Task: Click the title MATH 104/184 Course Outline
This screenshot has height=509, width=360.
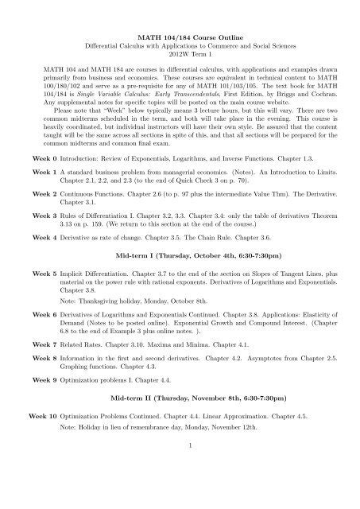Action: click(180, 38)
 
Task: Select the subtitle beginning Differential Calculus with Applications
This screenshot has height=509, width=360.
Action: click(180, 48)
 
